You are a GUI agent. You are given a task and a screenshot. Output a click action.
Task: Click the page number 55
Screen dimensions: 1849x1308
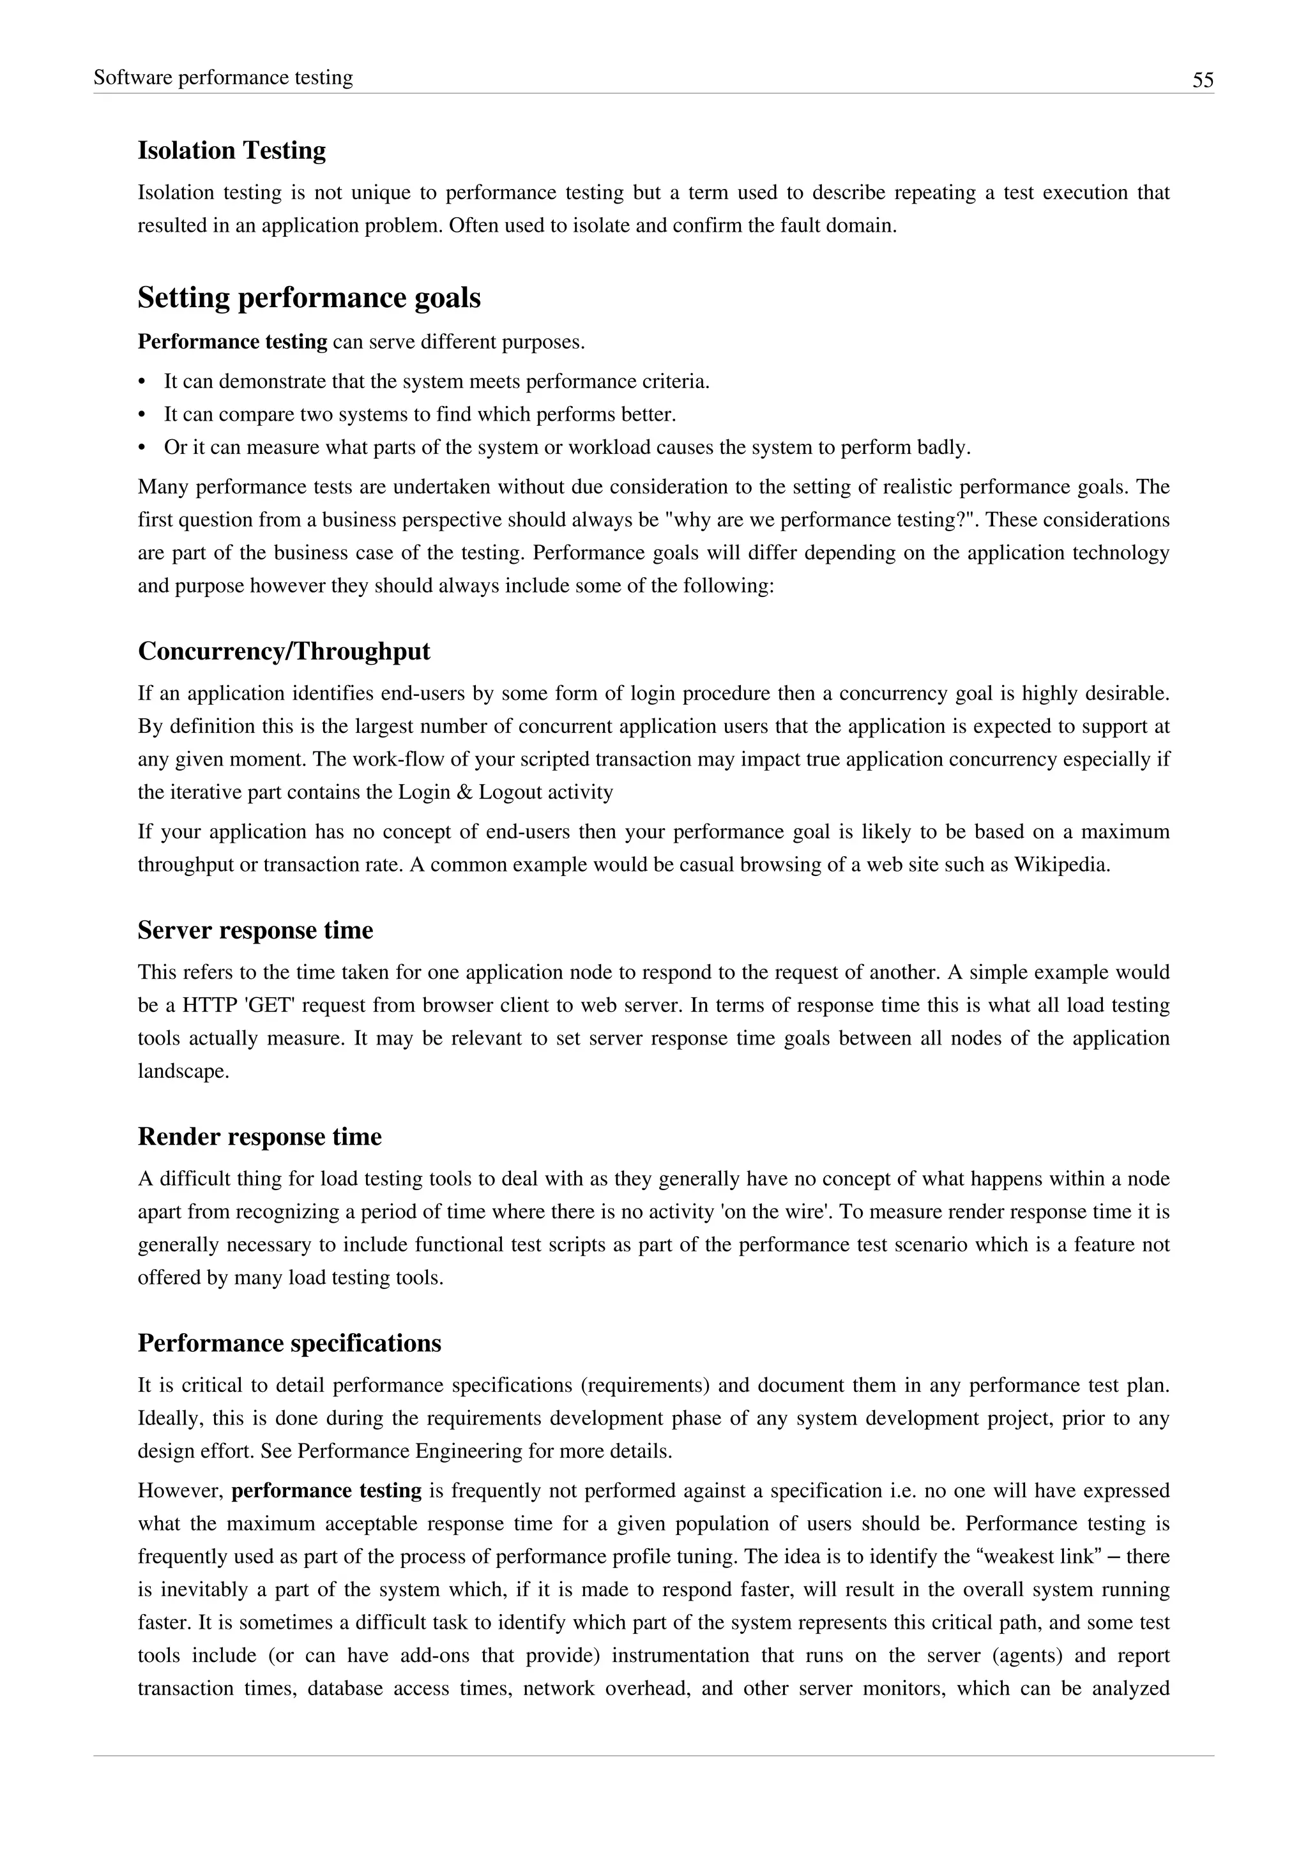coord(1203,80)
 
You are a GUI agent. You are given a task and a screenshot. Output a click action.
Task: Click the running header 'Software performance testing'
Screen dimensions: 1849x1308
coord(223,77)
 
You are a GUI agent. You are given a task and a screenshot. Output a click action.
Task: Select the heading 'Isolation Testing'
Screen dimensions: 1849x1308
coord(231,151)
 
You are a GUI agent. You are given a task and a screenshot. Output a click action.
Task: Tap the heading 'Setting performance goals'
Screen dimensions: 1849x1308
coord(308,298)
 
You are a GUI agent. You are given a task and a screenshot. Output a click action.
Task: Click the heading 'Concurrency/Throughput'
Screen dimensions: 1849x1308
coord(284,651)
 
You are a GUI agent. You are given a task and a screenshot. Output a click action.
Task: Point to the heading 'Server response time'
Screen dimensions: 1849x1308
coord(255,930)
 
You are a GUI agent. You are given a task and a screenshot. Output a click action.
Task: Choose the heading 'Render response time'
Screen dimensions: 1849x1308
coord(259,1136)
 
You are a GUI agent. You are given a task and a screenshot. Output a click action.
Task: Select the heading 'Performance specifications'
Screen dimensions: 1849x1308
coord(289,1343)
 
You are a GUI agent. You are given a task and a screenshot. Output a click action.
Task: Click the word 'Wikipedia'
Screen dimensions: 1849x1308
coord(1060,865)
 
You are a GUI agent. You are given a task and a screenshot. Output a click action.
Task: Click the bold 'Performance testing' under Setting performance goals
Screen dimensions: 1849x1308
coord(232,342)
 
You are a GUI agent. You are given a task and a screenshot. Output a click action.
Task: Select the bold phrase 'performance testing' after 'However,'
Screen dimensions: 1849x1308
coord(326,1491)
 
